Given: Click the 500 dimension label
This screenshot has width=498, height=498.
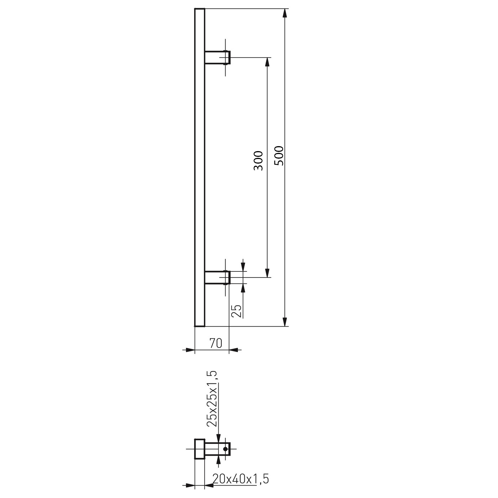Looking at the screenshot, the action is (x=279, y=156).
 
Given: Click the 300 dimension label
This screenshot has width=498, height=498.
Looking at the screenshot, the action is (x=258, y=161).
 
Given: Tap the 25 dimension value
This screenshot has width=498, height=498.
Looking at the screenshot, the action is (x=237, y=311).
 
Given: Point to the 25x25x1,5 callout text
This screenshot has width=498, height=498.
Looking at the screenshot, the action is (x=211, y=402).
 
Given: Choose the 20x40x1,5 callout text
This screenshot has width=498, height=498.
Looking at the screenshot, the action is (x=240, y=479).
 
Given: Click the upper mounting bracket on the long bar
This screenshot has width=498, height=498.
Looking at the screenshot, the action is (x=217, y=57).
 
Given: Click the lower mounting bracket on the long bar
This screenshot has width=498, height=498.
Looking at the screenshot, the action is (x=217, y=277).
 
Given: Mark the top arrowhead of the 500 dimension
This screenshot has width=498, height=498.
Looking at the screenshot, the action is (x=285, y=13).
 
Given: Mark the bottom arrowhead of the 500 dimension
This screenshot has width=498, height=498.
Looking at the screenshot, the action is (x=285, y=322).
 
